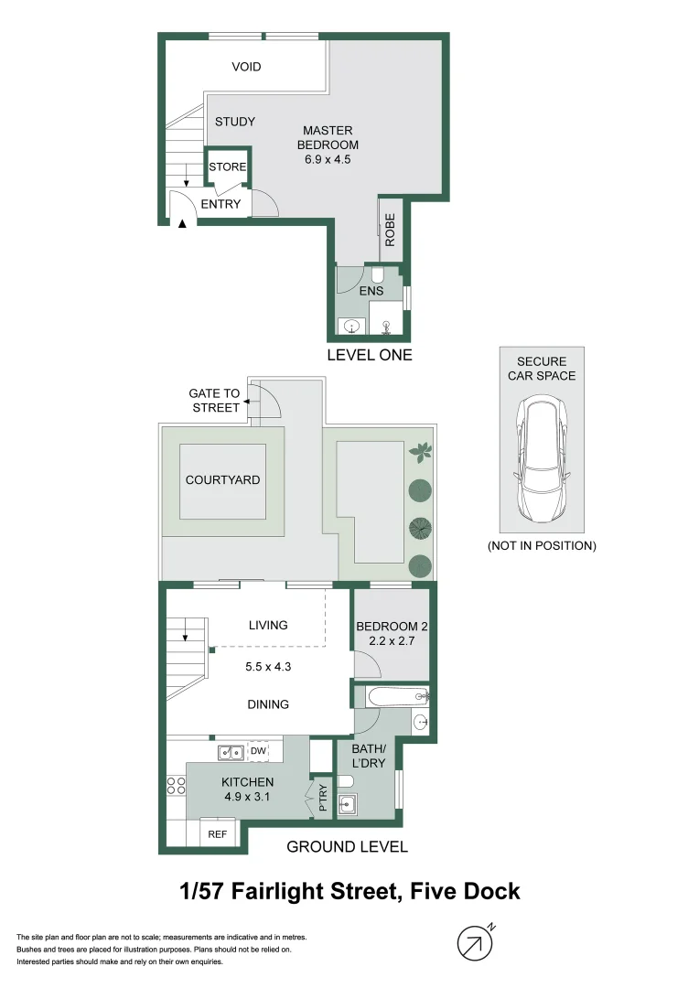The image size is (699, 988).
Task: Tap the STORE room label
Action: (x=227, y=166)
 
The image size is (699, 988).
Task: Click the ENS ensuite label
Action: (x=371, y=291)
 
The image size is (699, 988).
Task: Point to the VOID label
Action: (x=246, y=67)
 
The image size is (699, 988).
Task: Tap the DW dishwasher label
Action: (x=259, y=752)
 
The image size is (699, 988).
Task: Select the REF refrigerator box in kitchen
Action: (x=218, y=833)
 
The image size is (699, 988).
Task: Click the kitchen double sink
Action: (x=231, y=752)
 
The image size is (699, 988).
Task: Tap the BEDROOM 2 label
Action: (x=392, y=633)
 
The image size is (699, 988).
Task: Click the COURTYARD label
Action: (x=222, y=479)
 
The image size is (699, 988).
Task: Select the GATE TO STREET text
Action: (x=215, y=401)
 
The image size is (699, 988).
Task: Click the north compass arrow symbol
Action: (x=473, y=943)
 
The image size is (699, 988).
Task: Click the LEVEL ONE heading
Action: (x=370, y=355)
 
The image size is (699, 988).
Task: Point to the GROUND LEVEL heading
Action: (x=347, y=846)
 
